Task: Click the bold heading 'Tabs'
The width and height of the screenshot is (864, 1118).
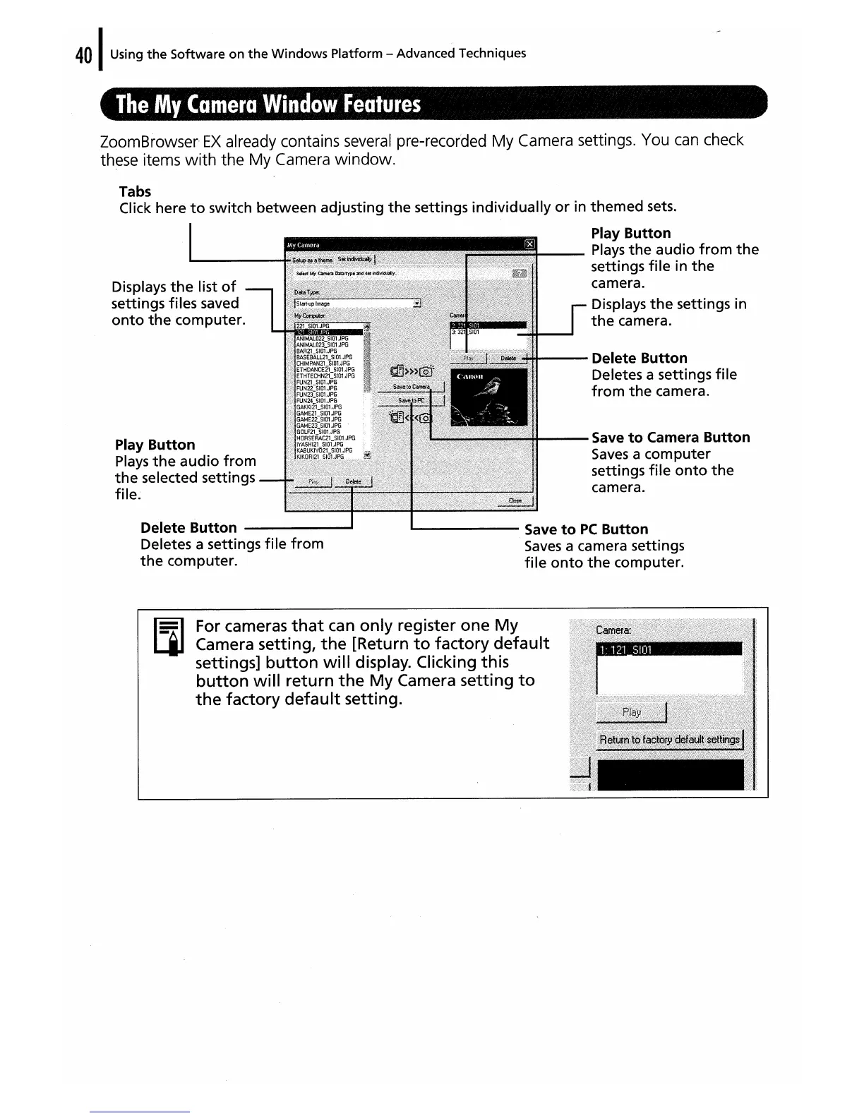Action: (x=135, y=192)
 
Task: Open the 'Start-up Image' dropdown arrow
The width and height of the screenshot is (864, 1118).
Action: (x=417, y=304)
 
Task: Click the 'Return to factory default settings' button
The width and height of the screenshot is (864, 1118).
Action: (x=668, y=740)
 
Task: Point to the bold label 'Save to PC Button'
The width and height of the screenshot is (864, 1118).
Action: (x=586, y=529)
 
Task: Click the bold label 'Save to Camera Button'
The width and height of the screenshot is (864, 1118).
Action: (x=671, y=438)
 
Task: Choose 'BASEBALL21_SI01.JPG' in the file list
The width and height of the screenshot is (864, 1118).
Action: (x=324, y=358)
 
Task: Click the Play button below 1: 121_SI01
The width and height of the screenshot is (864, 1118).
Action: (x=632, y=712)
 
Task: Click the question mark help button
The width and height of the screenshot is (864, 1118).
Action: (x=521, y=274)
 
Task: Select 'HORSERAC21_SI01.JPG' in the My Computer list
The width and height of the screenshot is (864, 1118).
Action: (x=325, y=438)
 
